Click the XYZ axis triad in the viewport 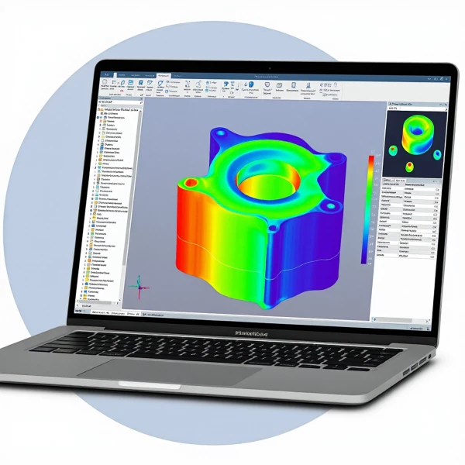point(140,285)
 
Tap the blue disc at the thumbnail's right point(431,150)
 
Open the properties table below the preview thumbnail point(411,225)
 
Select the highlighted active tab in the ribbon point(164,75)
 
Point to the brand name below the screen point(256,333)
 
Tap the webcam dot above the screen point(269,68)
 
